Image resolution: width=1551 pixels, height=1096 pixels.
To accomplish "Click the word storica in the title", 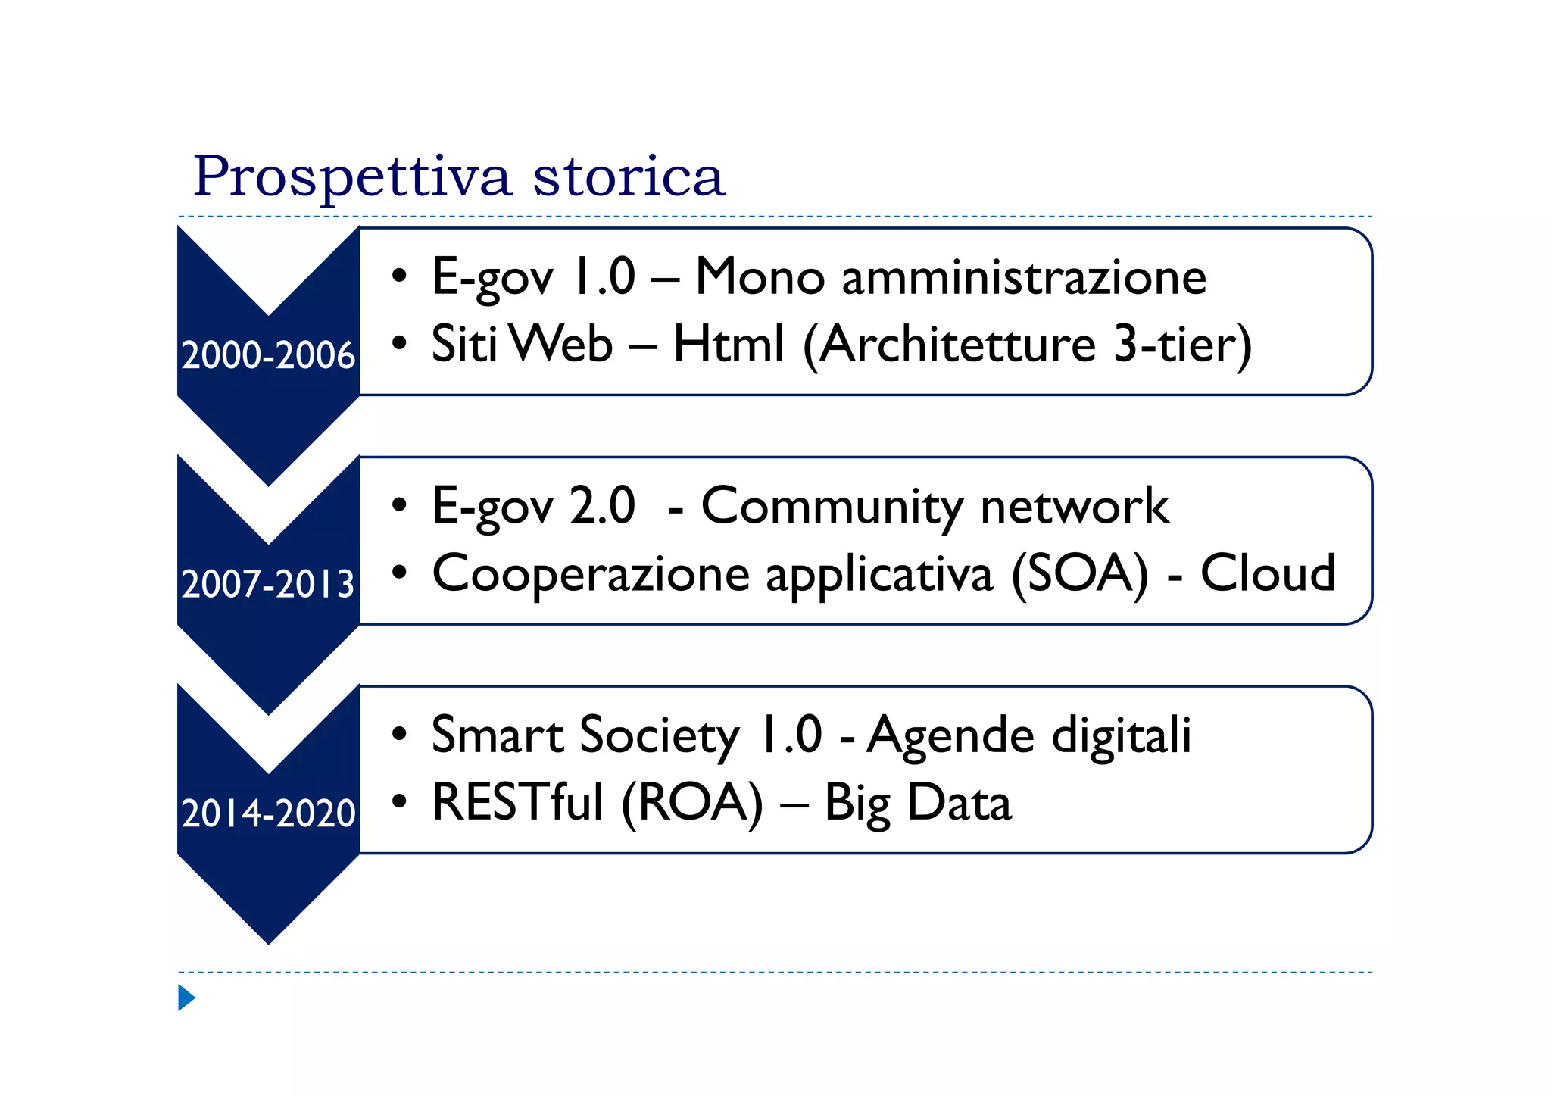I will (x=629, y=177).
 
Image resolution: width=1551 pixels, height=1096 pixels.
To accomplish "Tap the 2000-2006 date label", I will (x=268, y=355).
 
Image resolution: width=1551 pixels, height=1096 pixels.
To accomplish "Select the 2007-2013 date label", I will (x=268, y=584).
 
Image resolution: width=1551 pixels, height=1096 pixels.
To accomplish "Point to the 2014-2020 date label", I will (x=268, y=813).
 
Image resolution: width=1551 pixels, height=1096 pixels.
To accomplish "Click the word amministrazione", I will (x=1024, y=277).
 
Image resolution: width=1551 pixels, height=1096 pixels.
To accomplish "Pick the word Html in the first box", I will (x=728, y=345).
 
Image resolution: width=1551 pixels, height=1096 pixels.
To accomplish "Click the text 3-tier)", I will (x=1182, y=345).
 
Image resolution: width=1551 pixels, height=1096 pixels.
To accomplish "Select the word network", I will (x=1075, y=506).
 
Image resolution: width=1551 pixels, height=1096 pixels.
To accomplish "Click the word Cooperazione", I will (x=591, y=574).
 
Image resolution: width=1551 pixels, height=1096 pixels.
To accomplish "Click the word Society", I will (x=660, y=735).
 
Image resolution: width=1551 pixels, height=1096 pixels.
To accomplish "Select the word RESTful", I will (x=518, y=803).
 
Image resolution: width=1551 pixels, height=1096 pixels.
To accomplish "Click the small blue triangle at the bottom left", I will (x=186, y=998).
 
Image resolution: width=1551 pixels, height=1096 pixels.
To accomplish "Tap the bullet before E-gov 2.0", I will (x=399, y=505).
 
